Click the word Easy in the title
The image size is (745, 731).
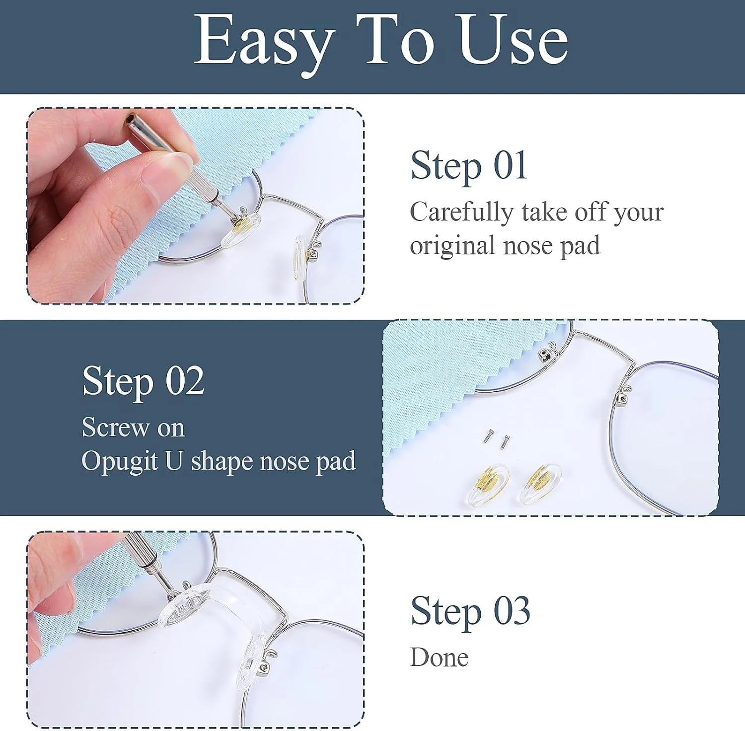click(x=263, y=44)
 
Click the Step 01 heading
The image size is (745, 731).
click(x=468, y=166)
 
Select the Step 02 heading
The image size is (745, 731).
click(x=143, y=381)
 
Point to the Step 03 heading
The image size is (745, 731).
click(x=470, y=611)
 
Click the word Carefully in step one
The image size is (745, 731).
click(x=461, y=213)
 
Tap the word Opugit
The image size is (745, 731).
click(x=120, y=461)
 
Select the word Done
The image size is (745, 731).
click(x=439, y=658)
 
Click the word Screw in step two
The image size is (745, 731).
click(x=116, y=427)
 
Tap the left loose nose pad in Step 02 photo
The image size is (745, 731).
click(x=487, y=485)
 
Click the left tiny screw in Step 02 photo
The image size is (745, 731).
click(x=489, y=436)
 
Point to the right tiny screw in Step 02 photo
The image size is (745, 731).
click(x=505, y=441)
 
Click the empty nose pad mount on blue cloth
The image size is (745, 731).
click(x=547, y=352)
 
